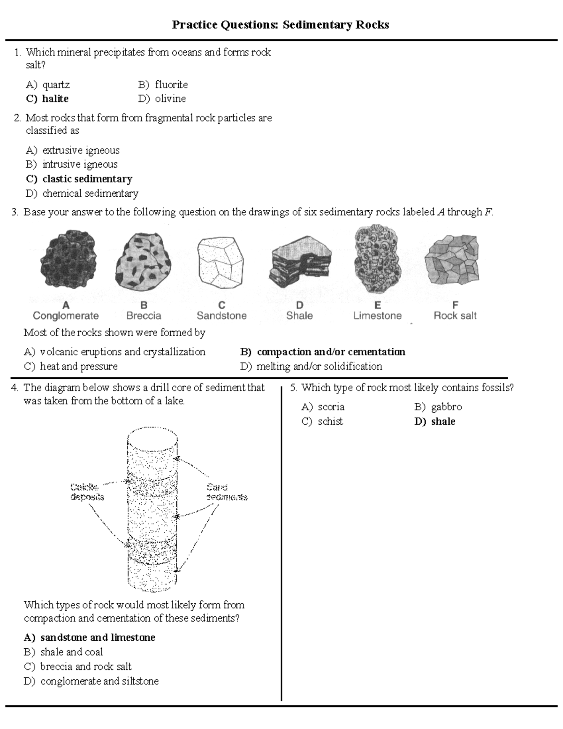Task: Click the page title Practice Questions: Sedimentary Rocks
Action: (280, 24)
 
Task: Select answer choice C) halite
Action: (47, 99)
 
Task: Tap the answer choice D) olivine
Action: (162, 99)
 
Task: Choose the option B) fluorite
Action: (163, 84)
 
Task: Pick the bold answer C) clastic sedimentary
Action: (79, 179)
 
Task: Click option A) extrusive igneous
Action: (73, 150)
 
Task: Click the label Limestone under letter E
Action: (377, 315)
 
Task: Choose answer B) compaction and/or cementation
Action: (323, 352)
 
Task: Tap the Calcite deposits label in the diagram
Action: (87, 491)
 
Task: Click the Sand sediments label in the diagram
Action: (227, 492)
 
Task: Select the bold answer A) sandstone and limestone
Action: (90, 637)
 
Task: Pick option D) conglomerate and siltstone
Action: (91, 681)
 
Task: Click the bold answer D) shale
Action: (435, 422)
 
